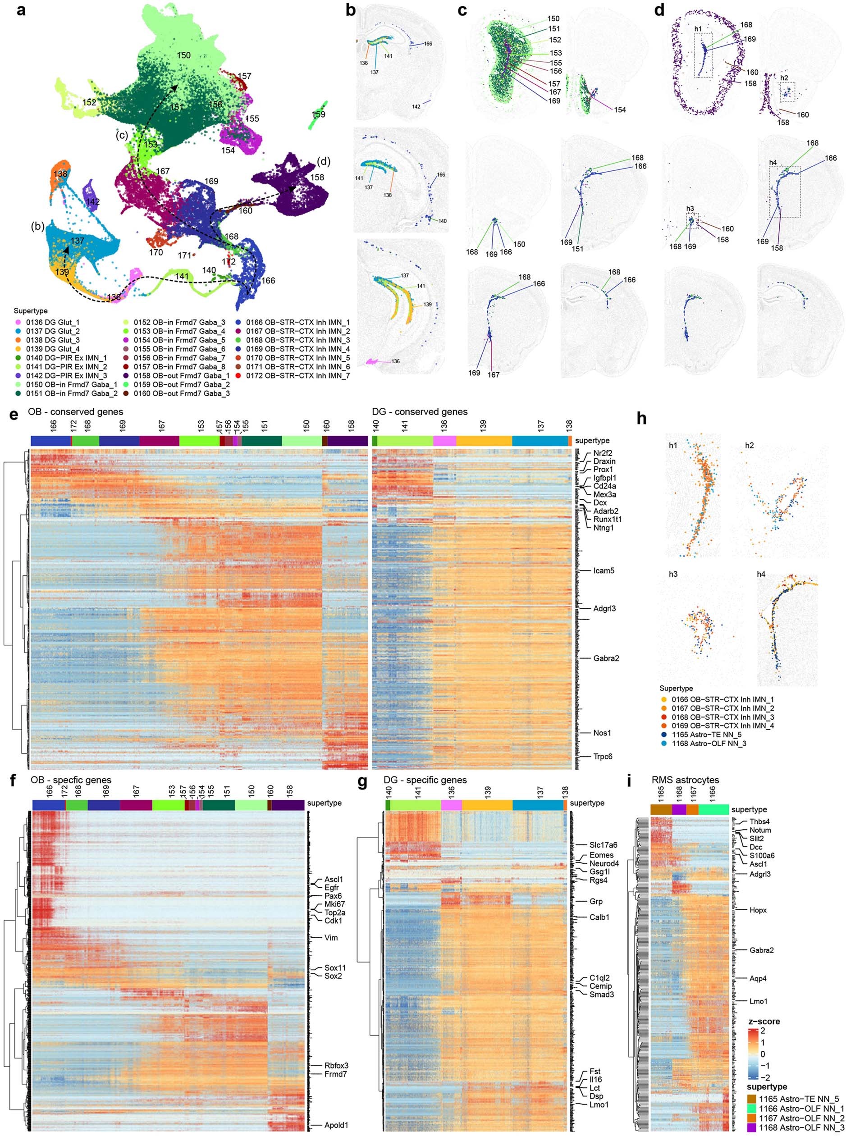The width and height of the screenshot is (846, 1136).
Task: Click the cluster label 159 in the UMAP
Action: (x=319, y=114)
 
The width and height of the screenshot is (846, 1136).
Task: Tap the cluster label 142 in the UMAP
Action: (x=93, y=202)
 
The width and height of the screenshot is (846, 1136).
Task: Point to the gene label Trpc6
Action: (x=603, y=756)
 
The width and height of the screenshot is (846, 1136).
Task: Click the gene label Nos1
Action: (x=602, y=733)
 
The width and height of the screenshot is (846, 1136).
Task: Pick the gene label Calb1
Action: (x=599, y=917)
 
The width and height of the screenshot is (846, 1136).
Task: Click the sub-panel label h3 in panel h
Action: (x=673, y=574)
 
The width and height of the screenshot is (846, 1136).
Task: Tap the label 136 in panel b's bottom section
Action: (x=395, y=361)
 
